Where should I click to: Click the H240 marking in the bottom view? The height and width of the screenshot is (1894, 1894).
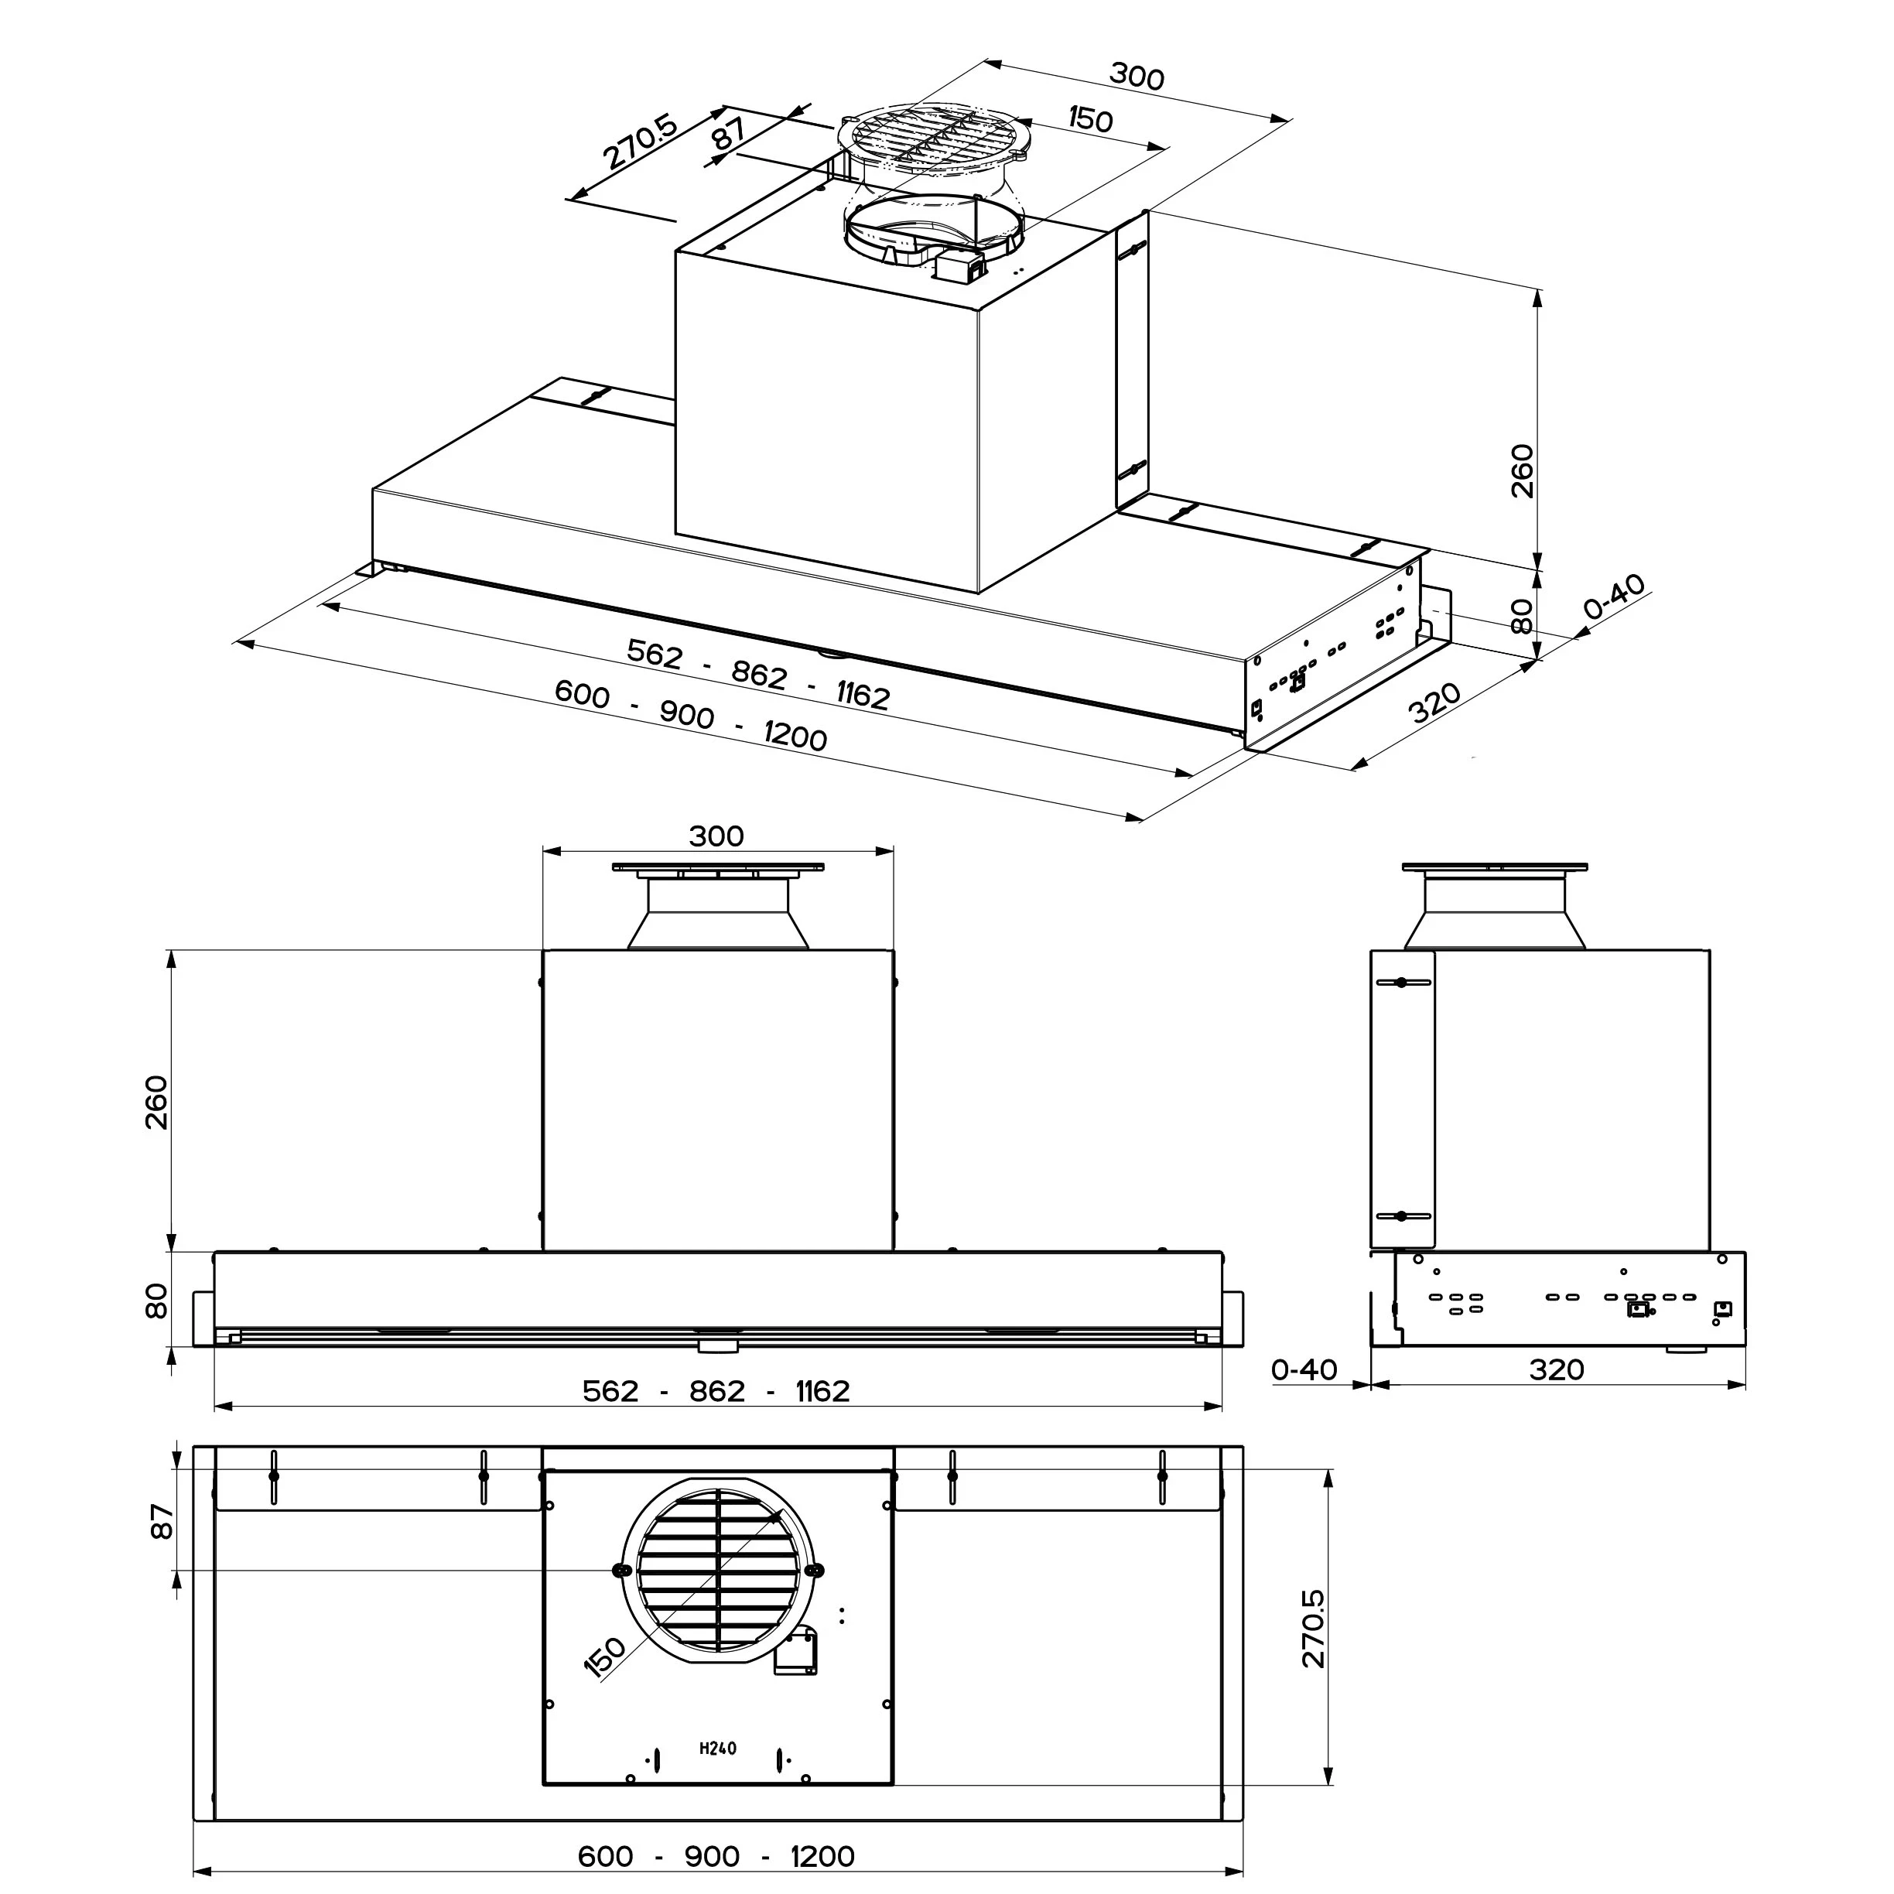pos(718,1748)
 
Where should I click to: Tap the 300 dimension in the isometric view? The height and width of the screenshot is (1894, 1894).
pos(1137,76)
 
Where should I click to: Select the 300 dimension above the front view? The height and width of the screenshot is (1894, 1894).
pos(716,836)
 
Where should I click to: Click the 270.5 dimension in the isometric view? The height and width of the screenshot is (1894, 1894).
pos(639,142)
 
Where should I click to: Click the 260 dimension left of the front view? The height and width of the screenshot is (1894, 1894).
pos(157,1102)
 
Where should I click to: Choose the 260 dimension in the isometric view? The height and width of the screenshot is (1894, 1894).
pos(1522,470)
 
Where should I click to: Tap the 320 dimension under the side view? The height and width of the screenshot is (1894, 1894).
pos(1556,1369)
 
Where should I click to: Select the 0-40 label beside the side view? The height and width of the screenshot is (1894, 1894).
pos(1304,1369)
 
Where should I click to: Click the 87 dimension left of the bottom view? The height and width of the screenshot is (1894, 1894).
pos(162,1522)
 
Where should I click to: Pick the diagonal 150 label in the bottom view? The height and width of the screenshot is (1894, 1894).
pos(605,1656)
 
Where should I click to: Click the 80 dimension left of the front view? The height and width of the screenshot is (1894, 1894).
pos(157,1301)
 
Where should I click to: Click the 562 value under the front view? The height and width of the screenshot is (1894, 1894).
pos(610,1391)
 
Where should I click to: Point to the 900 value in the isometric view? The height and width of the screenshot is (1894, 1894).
pos(686,715)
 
